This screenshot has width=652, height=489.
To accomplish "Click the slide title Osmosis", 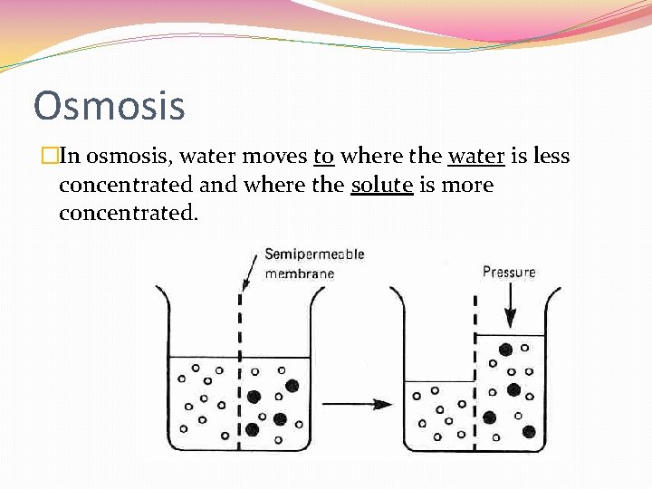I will click(x=109, y=105).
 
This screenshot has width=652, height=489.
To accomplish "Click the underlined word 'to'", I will click(x=324, y=156).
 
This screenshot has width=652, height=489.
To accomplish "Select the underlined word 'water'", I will click(x=476, y=156).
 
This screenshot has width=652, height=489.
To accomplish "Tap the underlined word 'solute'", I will click(x=382, y=185).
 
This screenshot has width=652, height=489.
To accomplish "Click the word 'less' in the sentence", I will click(x=551, y=156).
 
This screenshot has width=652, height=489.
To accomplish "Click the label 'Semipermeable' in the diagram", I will click(x=313, y=254).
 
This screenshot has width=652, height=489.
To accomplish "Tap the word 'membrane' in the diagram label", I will click(x=299, y=273).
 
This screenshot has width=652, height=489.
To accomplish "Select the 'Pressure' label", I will click(x=509, y=272).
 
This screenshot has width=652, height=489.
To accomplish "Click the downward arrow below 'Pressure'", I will click(x=510, y=306).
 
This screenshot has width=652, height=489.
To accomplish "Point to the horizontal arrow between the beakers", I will click(x=357, y=404).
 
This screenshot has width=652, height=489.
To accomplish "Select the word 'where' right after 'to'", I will click(x=371, y=156).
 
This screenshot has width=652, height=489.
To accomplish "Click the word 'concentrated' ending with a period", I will click(x=128, y=214).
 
